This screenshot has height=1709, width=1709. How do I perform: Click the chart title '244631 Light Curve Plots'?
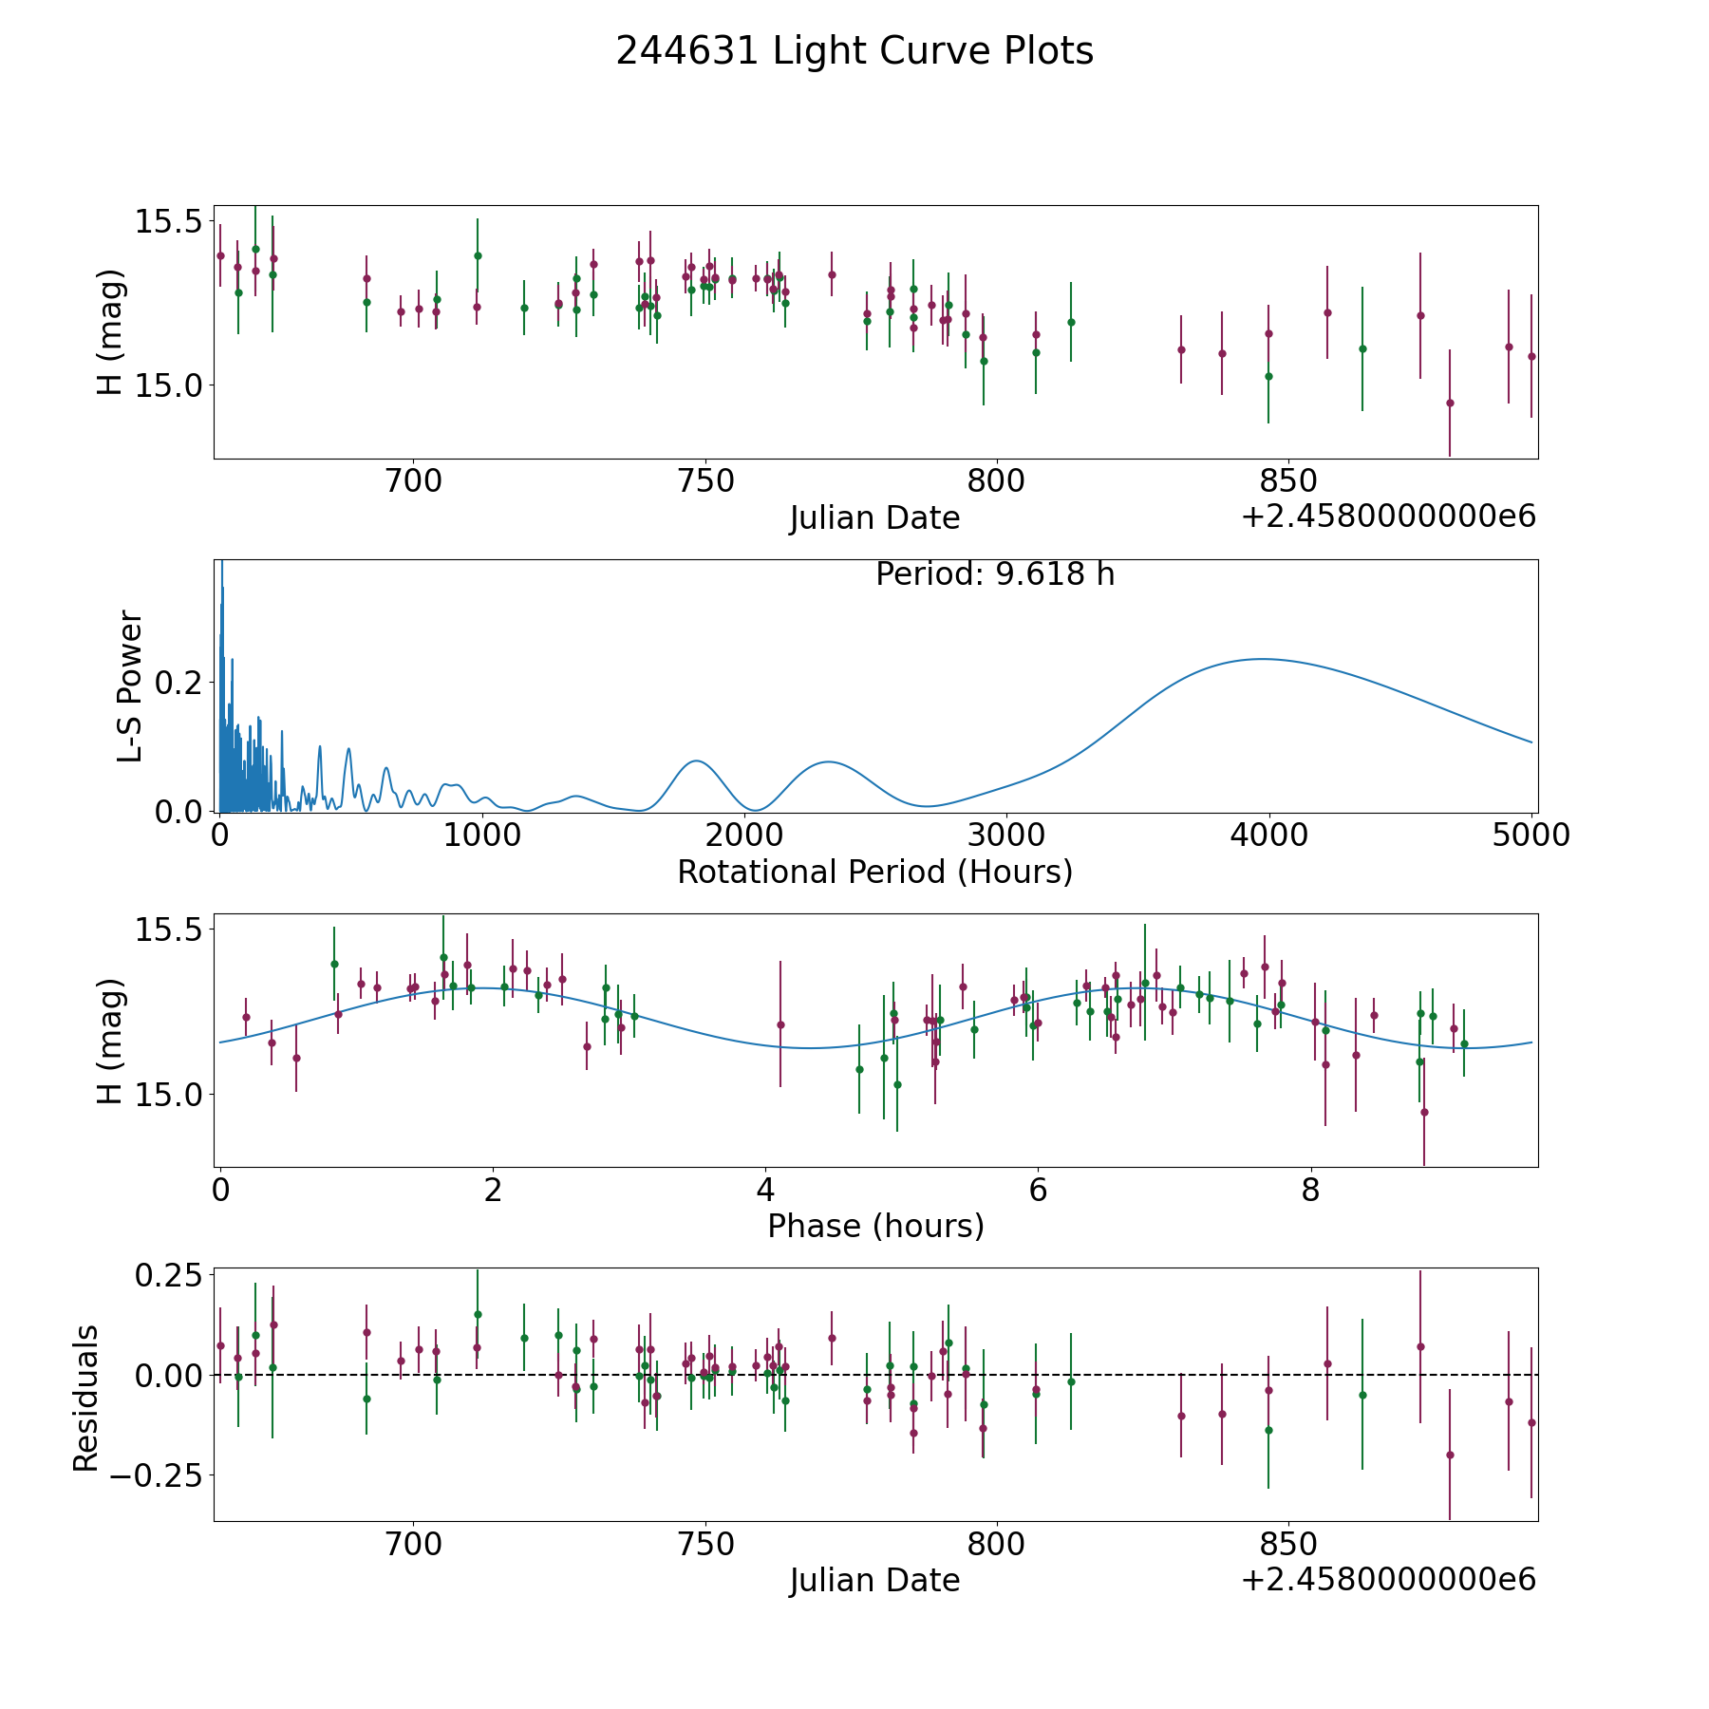pyautogui.click(x=854, y=51)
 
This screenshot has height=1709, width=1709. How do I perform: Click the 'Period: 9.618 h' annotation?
pyautogui.click(x=995, y=574)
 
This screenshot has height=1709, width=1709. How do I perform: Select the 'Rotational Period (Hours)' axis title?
pyautogui.click(x=874, y=872)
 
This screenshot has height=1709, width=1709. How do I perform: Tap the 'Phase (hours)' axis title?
pyautogui.click(x=875, y=1226)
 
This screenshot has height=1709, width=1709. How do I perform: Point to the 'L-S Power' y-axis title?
pyautogui.click(x=130, y=685)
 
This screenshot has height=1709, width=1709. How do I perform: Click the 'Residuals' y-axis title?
pyautogui.click(x=86, y=1399)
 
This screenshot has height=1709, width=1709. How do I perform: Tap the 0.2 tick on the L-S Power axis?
pyautogui.click(x=180, y=683)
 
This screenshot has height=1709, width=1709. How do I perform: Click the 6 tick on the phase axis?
pyautogui.click(x=1038, y=1190)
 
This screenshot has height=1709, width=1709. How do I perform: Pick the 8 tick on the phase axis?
pyautogui.click(x=1310, y=1190)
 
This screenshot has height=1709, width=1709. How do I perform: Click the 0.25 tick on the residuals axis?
pyautogui.click(x=168, y=1274)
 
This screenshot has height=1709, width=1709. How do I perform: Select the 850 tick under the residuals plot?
pyautogui.click(x=1288, y=1544)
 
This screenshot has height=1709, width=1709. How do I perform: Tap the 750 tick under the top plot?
pyautogui.click(x=706, y=481)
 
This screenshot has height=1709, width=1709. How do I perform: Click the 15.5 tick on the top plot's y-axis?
pyautogui.click(x=168, y=222)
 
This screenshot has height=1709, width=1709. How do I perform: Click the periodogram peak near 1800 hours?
pyautogui.click(x=696, y=761)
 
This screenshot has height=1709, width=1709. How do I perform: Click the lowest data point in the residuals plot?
pyautogui.click(x=1450, y=1455)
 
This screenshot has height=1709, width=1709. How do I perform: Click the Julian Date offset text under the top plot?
pyautogui.click(x=1388, y=517)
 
